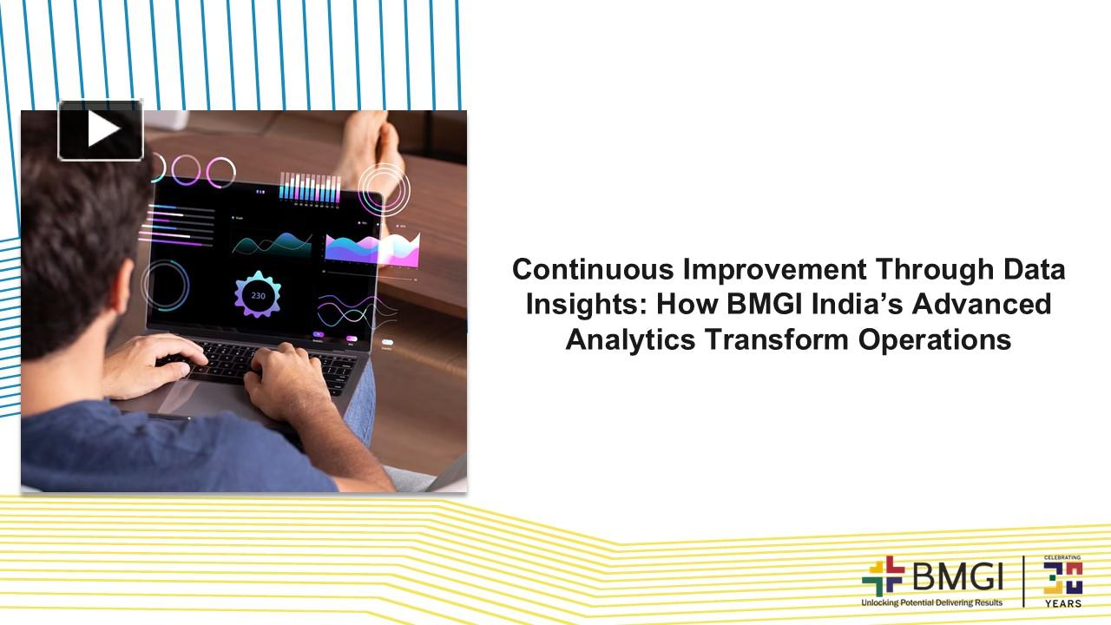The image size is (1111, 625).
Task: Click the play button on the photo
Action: click(101, 130)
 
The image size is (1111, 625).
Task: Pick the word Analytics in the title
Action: click(630, 339)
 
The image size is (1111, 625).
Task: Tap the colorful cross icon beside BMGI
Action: click(883, 576)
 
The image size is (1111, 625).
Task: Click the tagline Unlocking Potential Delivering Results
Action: click(931, 602)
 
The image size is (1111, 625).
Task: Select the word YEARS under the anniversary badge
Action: click(1063, 602)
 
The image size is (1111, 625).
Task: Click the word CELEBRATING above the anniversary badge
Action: click(1063, 558)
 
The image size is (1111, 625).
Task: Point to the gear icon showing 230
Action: click(258, 295)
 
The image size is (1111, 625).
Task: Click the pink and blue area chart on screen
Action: click(371, 248)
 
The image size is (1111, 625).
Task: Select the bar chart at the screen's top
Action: click(309, 187)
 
